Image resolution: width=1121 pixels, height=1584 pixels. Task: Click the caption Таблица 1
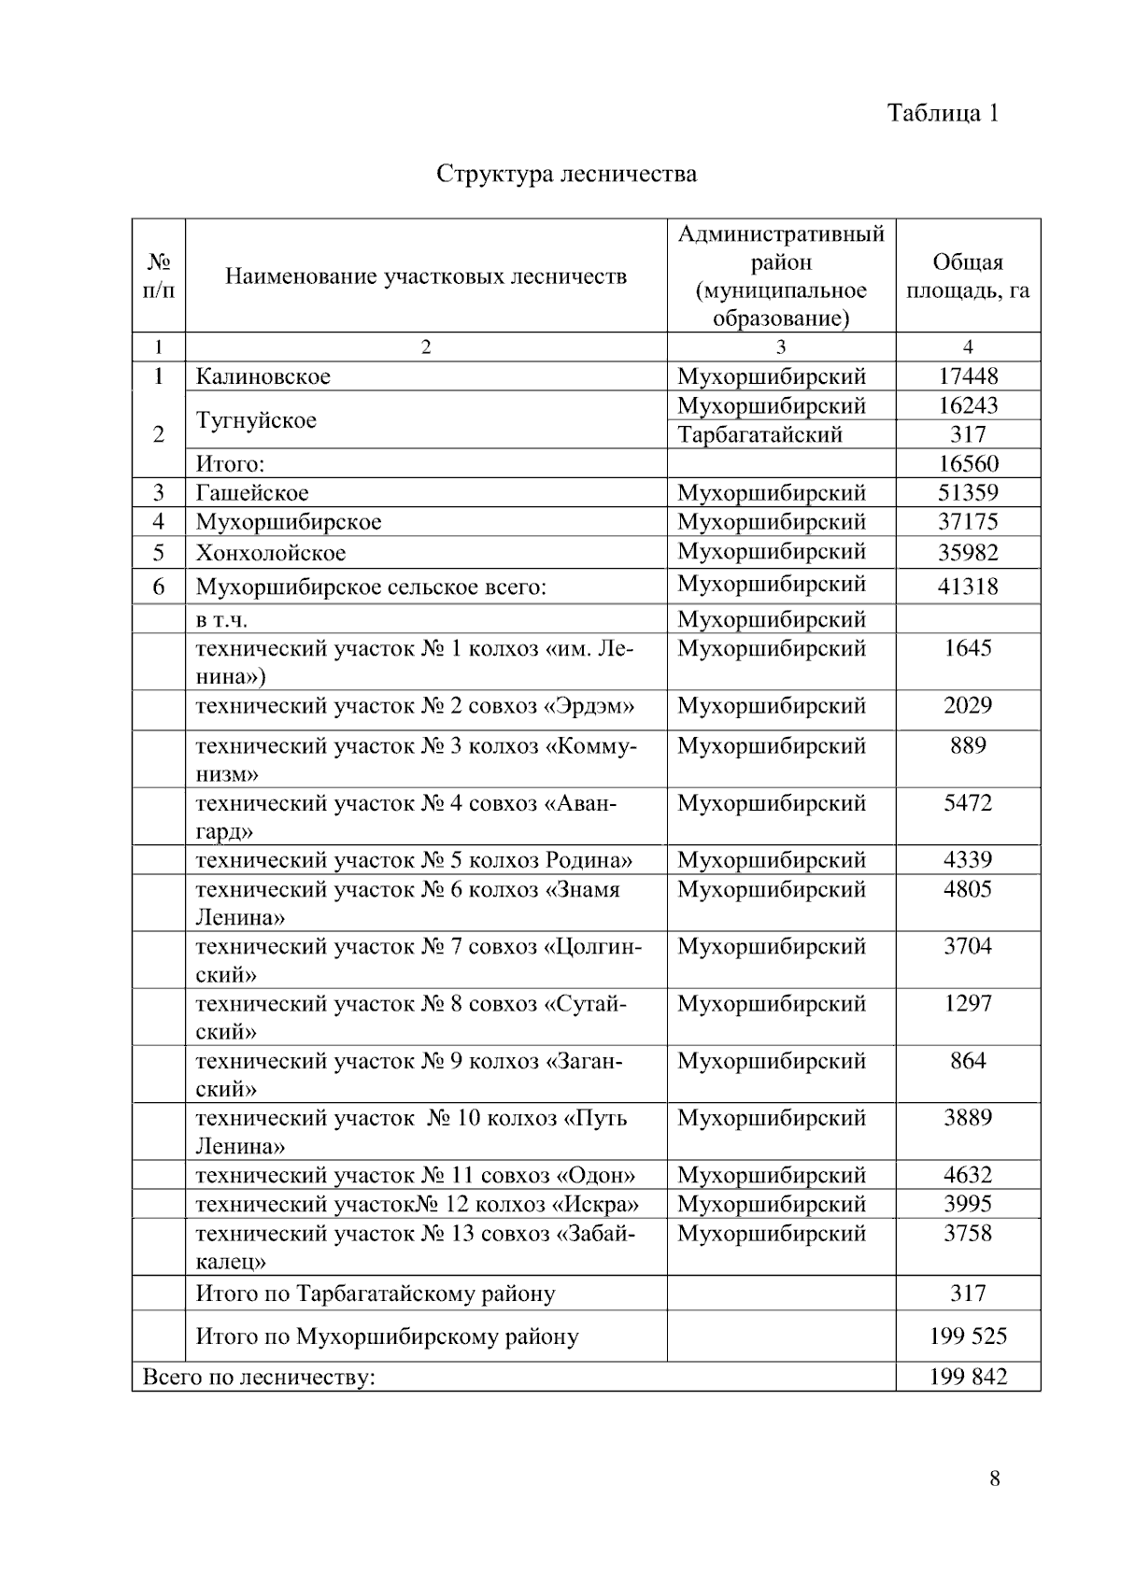tap(943, 113)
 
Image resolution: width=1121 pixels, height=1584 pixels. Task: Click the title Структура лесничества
tap(566, 174)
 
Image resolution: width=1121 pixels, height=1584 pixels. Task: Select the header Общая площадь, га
tap(968, 276)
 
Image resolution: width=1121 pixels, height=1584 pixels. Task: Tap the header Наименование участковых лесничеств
tap(426, 276)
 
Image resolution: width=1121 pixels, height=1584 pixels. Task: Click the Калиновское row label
tap(263, 376)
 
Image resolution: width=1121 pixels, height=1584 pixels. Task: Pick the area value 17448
tap(968, 376)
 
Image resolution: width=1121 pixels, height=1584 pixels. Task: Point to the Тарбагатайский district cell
tap(759, 434)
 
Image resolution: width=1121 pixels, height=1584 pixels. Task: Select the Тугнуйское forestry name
tap(256, 420)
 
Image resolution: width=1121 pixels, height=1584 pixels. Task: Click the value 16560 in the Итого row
tap(968, 463)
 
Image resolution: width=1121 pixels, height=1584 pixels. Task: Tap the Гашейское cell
tap(251, 492)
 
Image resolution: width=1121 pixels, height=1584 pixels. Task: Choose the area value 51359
tap(968, 492)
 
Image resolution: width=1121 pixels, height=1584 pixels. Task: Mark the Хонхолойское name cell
tap(270, 553)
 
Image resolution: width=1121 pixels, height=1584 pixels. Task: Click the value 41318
tap(968, 587)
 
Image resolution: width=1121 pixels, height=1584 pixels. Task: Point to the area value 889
tap(968, 745)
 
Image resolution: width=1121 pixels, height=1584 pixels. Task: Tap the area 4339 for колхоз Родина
tap(968, 859)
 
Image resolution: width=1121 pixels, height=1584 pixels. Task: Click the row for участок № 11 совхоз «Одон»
tap(415, 1175)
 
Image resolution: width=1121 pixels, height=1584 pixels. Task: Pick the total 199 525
tap(968, 1336)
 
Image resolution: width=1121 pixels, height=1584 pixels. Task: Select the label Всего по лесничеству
tap(258, 1377)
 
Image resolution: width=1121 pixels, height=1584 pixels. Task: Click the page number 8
tap(994, 1478)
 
